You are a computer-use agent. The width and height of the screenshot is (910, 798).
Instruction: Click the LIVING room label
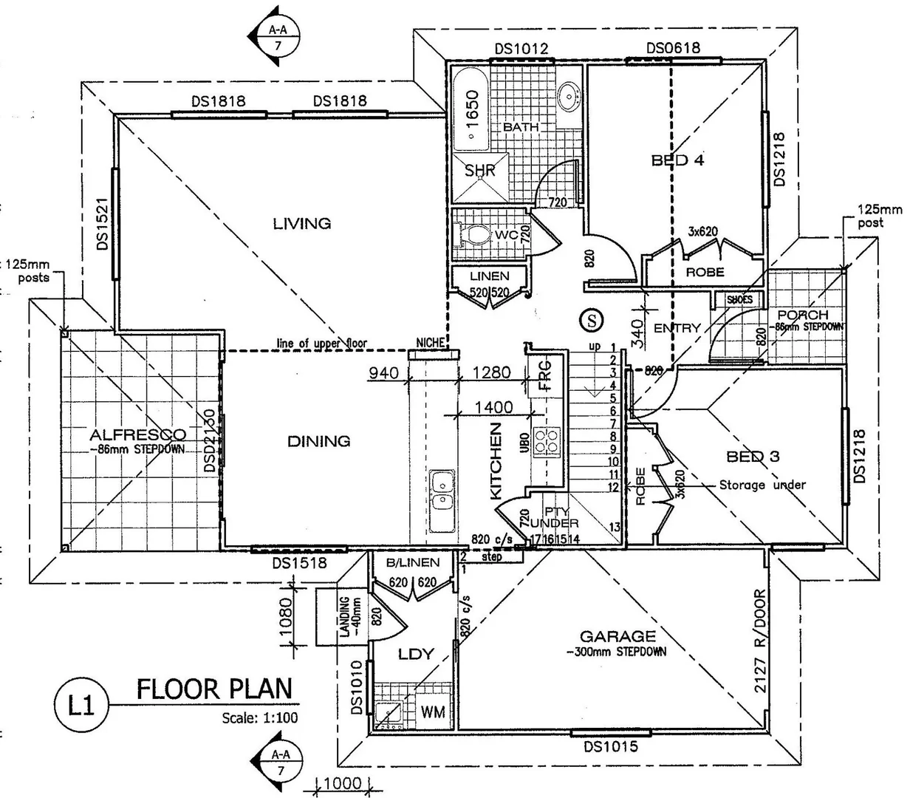tap(301, 222)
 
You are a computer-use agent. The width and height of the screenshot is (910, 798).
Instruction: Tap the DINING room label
tap(318, 441)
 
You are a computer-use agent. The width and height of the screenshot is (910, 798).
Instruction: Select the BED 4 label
tap(677, 160)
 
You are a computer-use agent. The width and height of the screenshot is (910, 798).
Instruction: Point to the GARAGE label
tap(617, 636)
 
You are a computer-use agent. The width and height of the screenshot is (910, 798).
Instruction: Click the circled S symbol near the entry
tap(591, 319)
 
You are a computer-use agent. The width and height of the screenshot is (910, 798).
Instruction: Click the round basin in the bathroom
tap(568, 95)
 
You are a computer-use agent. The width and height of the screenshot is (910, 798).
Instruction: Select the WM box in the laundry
tap(432, 712)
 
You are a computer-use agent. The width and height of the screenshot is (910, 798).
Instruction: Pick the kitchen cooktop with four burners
tap(548, 440)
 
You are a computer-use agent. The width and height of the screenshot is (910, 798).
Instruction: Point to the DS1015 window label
tap(610, 747)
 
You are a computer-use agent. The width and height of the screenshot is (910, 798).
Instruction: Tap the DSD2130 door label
tap(210, 441)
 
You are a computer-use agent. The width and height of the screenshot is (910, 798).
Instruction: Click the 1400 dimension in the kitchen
tap(493, 406)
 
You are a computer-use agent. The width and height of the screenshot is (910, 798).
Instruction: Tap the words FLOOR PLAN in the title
tap(214, 689)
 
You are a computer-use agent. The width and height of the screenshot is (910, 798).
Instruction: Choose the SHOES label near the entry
tap(739, 299)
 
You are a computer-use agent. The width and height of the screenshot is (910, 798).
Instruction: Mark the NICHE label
tap(430, 343)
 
